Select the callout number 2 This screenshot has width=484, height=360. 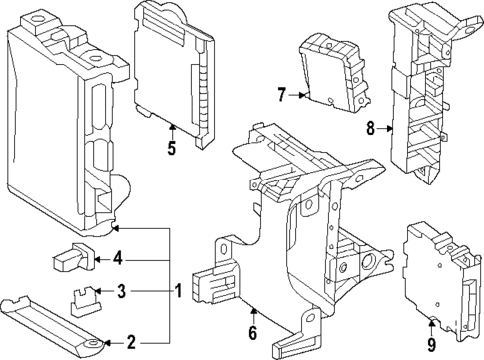tap(131, 343)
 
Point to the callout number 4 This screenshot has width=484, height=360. tap(117, 259)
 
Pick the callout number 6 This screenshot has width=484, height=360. tap(252, 333)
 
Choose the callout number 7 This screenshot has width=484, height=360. tap(281, 95)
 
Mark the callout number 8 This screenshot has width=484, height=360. tap(370, 127)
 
